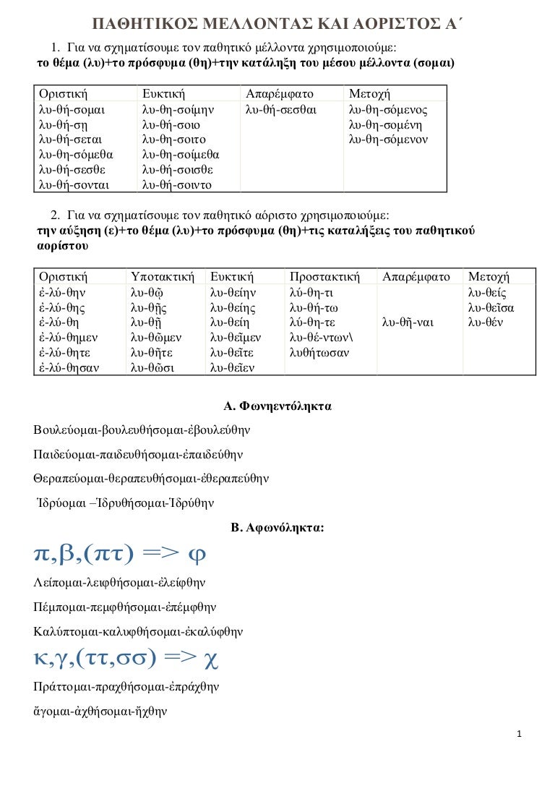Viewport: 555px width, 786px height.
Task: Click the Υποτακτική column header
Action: click(163, 277)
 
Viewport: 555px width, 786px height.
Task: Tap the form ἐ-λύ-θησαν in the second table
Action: click(69, 367)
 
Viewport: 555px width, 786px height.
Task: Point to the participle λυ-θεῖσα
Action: click(490, 307)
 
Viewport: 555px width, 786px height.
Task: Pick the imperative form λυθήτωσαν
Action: click(319, 352)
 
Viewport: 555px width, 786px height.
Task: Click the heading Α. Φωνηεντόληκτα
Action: click(278, 406)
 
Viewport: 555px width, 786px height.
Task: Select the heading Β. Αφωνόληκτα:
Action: click(277, 529)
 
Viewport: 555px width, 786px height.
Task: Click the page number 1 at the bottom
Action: click(520, 736)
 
